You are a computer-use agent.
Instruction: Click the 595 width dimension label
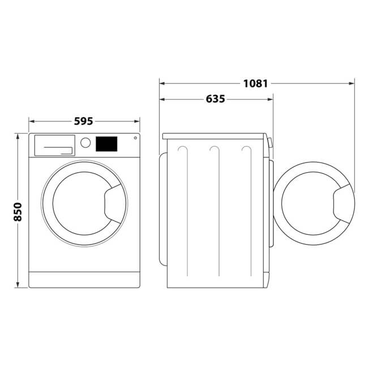coord(83,121)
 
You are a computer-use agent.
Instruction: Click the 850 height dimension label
coord(18,211)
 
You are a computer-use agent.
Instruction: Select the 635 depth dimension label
coord(215,99)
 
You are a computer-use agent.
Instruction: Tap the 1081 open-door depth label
coord(255,84)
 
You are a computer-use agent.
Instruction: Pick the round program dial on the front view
coord(85,143)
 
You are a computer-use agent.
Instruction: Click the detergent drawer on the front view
coord(54,145)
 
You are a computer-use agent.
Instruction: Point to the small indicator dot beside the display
coord(135,138)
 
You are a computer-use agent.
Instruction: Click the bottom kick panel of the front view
coord(84,279)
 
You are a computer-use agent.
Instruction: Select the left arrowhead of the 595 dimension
coord(32,121)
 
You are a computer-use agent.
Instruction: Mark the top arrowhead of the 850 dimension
coord(18,136)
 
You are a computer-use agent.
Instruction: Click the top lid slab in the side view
coord(214,136)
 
